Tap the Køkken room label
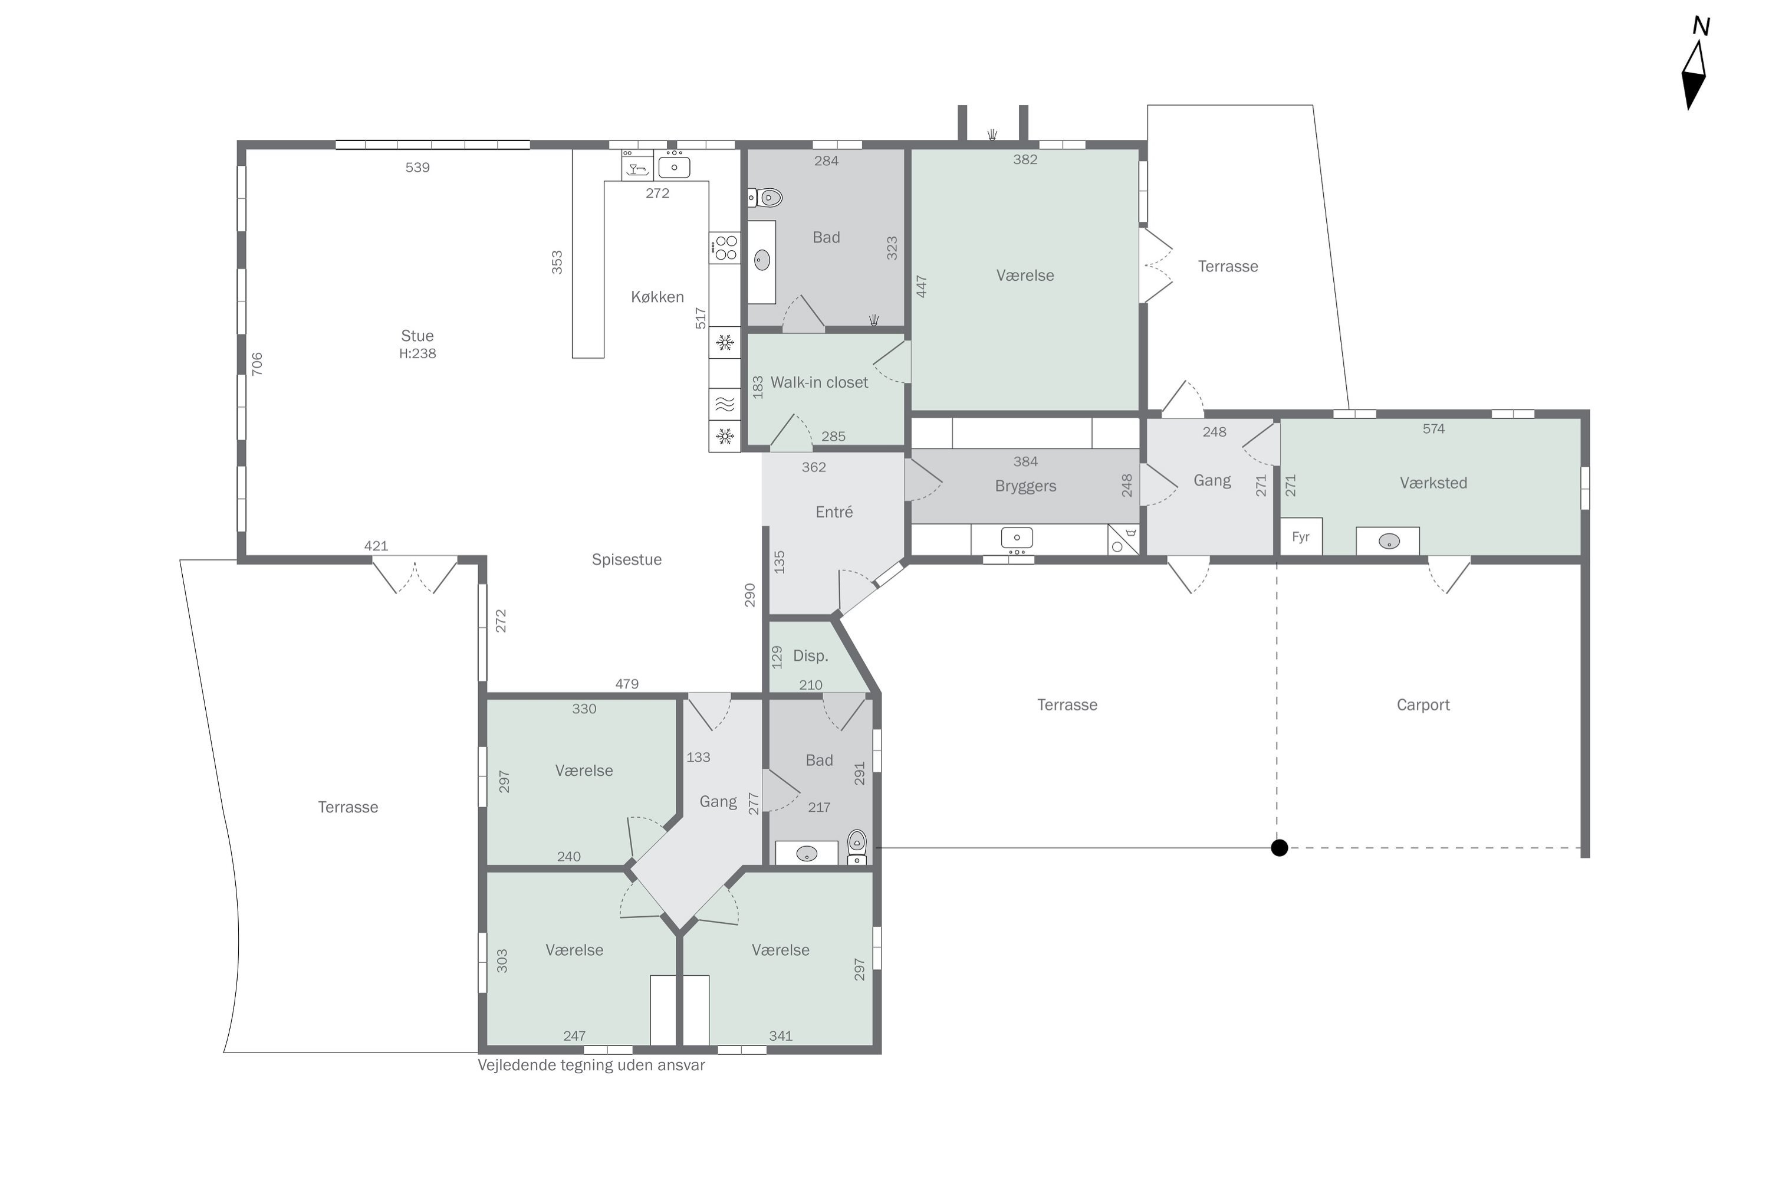click(657, 297)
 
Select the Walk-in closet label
click(819, 382)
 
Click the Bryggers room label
click(1025, 486)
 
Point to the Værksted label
click(1433, 483)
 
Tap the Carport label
click(1423, 705)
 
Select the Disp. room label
click(811, 656)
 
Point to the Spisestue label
click(626, 560)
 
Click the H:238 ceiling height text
click(417, 353)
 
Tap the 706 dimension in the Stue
click(257, 364)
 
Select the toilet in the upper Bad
click(765, 198)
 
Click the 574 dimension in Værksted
click(1433, 429)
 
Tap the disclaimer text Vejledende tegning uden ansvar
click(591, 1066)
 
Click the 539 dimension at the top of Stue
click(417, 168)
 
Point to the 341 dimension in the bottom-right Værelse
click(781, 1036)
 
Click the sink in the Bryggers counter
click(1017, 538)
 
